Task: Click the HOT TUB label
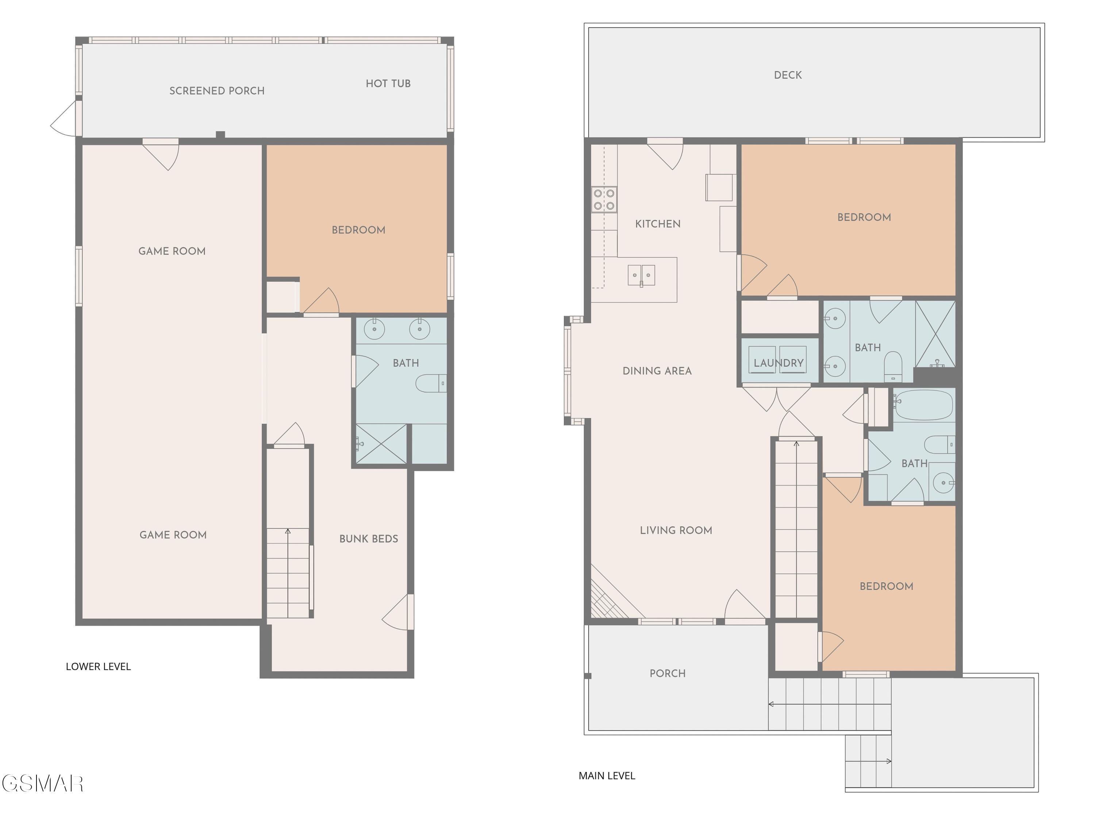tap(388, 84)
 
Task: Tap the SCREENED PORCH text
tap(217, 91)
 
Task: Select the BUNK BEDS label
tap(369, 539)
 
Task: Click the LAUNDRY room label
tap(779, 363)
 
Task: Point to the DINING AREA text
tap(657, 371)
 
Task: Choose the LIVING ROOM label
tap(676, 531)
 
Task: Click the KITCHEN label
tap(658, 224)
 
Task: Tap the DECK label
tap(788, 75)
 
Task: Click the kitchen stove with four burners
tap(604, 200)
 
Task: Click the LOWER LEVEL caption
tap(98, 667)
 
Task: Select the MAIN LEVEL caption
tap(607, 776)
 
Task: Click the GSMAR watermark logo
tap(43, 783)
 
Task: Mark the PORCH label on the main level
tap(668, 674)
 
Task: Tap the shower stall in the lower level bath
tap(381, 444)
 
